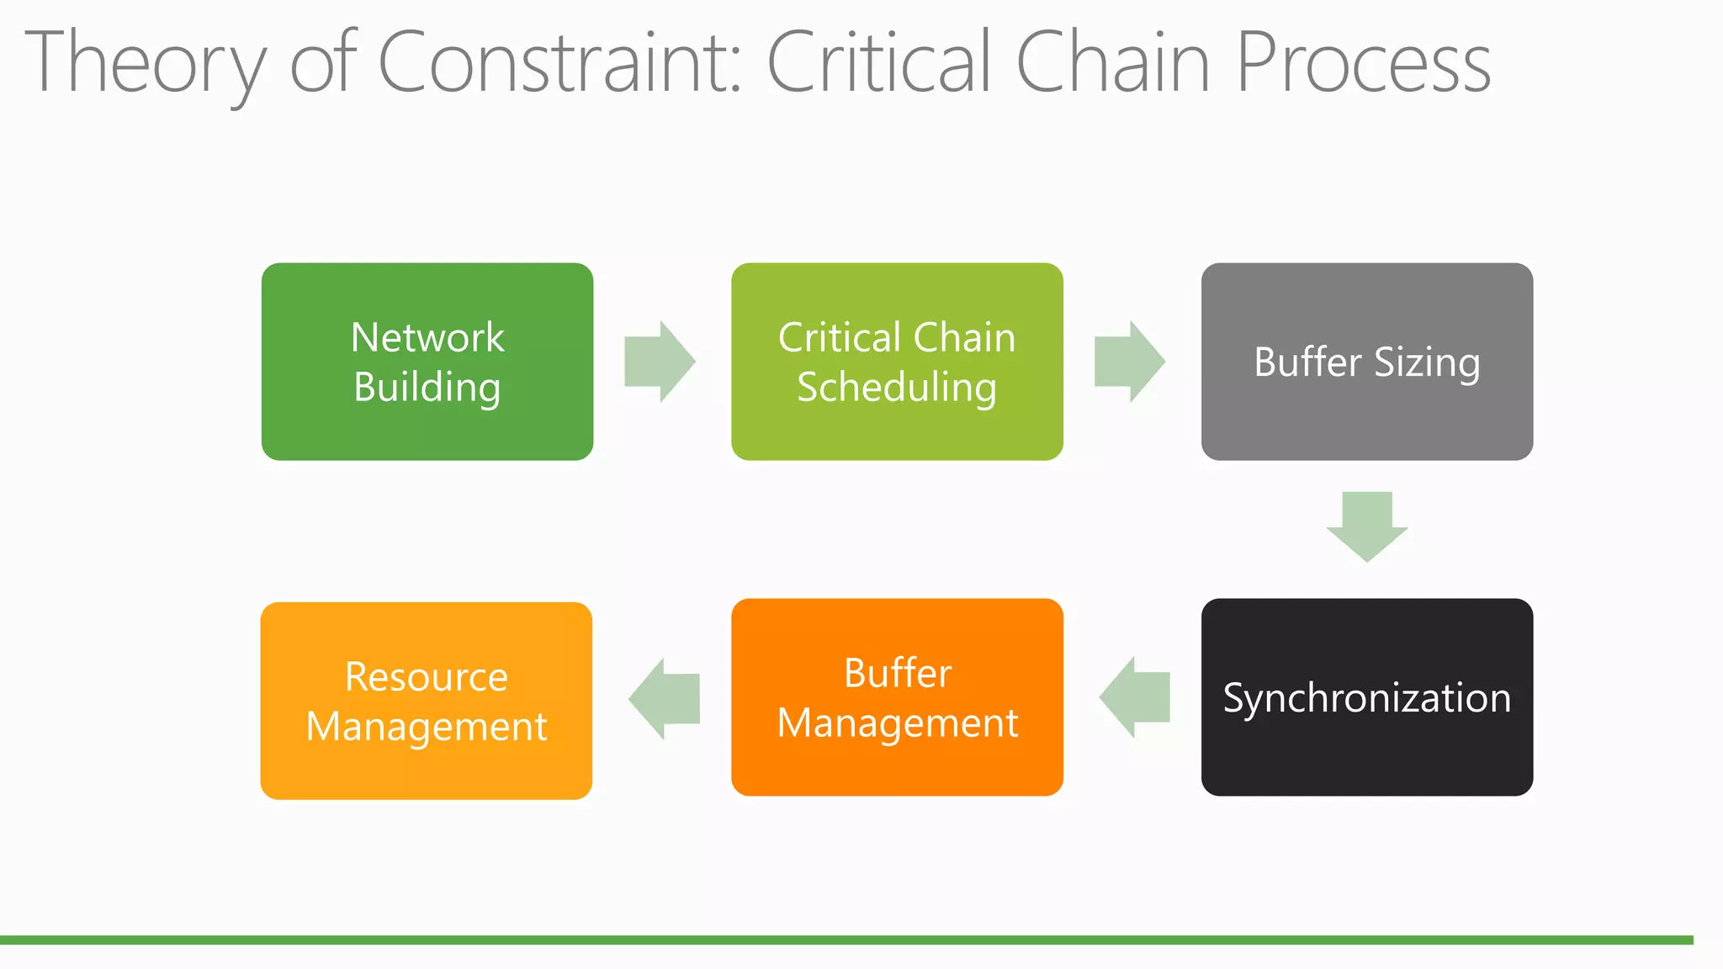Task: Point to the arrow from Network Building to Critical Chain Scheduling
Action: tap(660, 362)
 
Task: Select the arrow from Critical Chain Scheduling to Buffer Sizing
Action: tap(1129, 362)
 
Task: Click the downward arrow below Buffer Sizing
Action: tap(1366, 527)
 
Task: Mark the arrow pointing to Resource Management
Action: tap(664, 699)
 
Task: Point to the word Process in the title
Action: tap(1363, 62)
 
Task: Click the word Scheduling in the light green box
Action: tap(897, 388)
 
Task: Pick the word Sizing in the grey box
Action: tap(1427, 363)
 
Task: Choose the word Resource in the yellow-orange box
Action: tap(427, 677)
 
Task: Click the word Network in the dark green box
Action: tap(427, 338)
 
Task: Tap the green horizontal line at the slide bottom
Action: tap(841, 940)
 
